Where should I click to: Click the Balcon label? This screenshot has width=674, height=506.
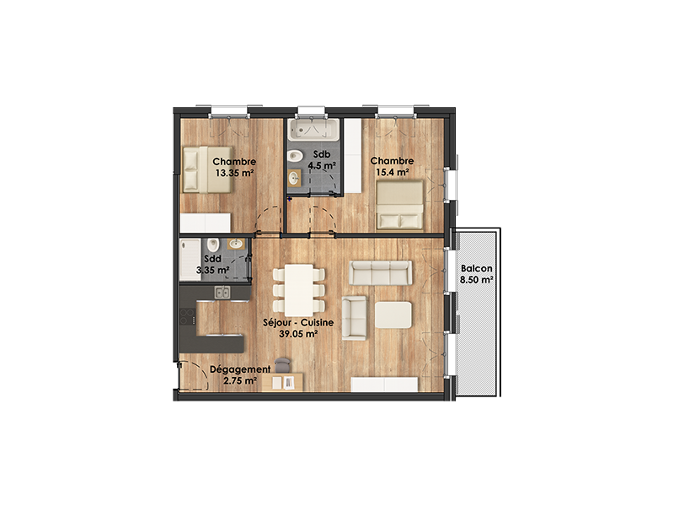click(x=476, y=268)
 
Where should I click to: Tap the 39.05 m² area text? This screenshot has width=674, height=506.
click(x=298, y=333)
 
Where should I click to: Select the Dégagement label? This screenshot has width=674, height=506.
click(x=240, y=369)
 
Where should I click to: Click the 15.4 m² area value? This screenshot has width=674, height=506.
click(x=392, y=173)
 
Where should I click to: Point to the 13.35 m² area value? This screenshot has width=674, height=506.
click(x=234, y=174)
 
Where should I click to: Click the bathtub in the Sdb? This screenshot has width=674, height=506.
click(x=313, y=129)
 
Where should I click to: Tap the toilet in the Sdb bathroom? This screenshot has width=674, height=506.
click(x=295, y=155)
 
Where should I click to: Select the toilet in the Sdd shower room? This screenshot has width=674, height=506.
click(x=213, y=245)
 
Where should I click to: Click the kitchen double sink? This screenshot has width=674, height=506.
click(x=222, y=293)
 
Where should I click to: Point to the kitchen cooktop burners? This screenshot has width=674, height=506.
click(x=187, y=316)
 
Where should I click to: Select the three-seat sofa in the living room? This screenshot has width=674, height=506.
click(x=381, y=272)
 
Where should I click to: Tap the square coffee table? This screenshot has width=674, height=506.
click(x=393, y=315)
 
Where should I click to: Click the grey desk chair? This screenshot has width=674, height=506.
click(x=282, y=365)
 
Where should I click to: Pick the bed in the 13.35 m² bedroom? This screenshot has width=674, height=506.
click(x=207, y=170)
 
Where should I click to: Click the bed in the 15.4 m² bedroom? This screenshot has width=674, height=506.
click(x=399, y=205)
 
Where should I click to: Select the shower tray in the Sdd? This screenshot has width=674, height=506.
click(x=190, y=260)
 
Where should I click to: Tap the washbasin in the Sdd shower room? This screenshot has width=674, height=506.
click(x=236, y=244)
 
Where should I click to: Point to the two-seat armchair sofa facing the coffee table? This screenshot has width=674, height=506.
click(x=355, y=318)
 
